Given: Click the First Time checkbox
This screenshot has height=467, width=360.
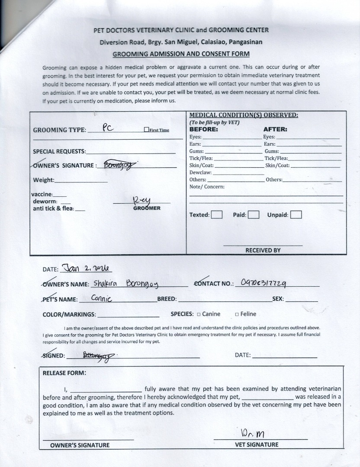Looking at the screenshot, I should [146, 130].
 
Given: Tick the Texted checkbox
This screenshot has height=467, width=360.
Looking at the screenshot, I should [217, 214].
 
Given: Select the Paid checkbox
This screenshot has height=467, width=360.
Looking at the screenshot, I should [254, 214].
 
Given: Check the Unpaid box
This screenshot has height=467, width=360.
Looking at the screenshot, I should [296, 214].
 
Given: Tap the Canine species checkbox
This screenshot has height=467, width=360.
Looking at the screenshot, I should [199, 314].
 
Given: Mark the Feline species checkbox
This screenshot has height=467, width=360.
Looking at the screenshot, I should [237, 314].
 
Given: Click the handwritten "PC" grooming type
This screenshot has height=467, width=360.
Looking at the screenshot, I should [108, 128].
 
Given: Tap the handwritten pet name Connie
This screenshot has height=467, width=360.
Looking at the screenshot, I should [102, 298].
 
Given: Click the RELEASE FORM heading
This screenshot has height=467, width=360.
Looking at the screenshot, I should [64, 373].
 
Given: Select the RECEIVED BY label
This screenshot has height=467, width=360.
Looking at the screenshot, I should [263, 250].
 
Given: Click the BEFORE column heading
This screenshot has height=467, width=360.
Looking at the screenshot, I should [203, 129].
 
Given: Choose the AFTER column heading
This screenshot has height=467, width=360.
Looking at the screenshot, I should [275, 129].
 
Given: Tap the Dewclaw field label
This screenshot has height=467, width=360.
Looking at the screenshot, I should [200, 173].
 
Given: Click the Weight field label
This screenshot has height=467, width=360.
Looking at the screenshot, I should [44, 180].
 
